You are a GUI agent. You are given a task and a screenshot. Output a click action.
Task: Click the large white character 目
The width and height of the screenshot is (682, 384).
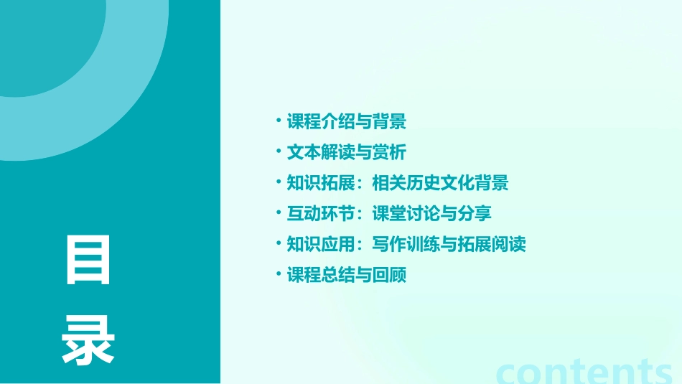88,260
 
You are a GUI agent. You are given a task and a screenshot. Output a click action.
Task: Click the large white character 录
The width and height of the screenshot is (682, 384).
88,341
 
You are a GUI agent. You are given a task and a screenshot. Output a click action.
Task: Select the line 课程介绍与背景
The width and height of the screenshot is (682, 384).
347,122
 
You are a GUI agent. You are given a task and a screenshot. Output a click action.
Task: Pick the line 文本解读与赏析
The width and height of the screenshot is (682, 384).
347,153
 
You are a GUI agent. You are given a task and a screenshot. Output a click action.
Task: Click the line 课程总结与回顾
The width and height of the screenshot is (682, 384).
347,275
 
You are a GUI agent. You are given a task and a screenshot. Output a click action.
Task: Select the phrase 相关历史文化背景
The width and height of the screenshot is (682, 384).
440,183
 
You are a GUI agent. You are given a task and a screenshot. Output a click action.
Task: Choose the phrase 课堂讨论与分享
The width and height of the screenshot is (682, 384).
431,214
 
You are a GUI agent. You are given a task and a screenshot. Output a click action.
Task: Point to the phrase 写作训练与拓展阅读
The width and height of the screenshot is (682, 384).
449,244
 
